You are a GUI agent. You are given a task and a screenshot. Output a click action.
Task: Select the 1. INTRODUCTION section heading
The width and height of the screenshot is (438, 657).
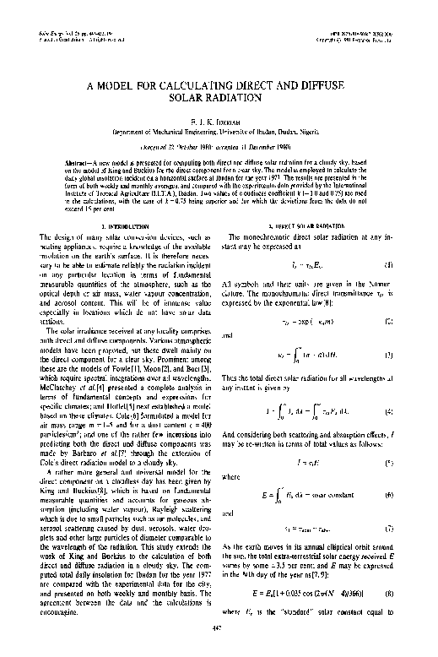[x=121, y=227]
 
